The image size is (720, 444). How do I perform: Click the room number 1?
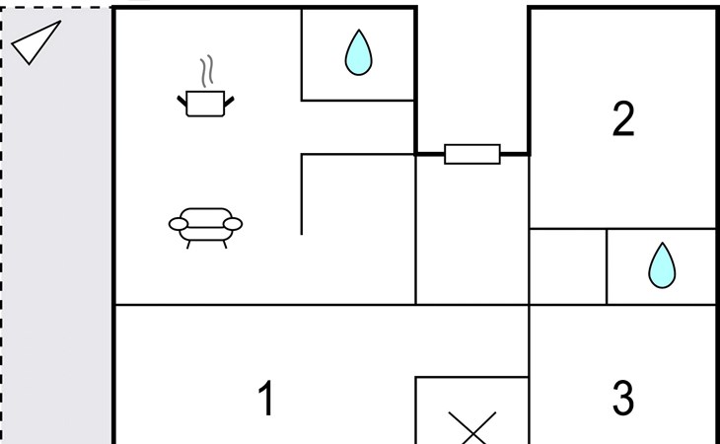pyautogui.click(x=265, y=400)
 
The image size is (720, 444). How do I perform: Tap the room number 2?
pyautogui.click(x=622, y=119)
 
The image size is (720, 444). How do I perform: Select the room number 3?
pyautogui.click(x=622, y=399)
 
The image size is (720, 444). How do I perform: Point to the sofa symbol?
pyautogui.click(x=205, y=225)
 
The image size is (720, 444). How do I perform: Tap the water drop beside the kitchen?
pyautogui.click(x=358, y=52)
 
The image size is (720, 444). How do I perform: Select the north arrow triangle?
pyautogui.click(x=36, y=42)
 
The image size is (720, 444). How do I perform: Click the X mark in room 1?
pyautogui.click(x=472, y=427)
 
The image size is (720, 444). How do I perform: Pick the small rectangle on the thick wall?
pyautogui.click(x=472, y=154)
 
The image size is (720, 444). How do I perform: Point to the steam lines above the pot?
pyautogui.click(x=206, y=71)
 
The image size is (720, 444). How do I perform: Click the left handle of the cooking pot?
pyautogui.click(x=182, y=98)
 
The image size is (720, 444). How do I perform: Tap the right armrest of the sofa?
pyautogui.click(x=233, y=224)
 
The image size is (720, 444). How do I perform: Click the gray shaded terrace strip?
pyautogui.click(x=57, y=247)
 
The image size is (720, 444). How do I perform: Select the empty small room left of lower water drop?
pyautogui.click(x=567, y=266)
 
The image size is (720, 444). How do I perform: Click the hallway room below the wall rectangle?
pyautogui.click(x=471, y=232)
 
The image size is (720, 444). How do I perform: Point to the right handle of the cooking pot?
pyautogui.click(x=232, y=98)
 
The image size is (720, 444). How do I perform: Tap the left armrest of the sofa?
pyautogui.click(x=178, y=224)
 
